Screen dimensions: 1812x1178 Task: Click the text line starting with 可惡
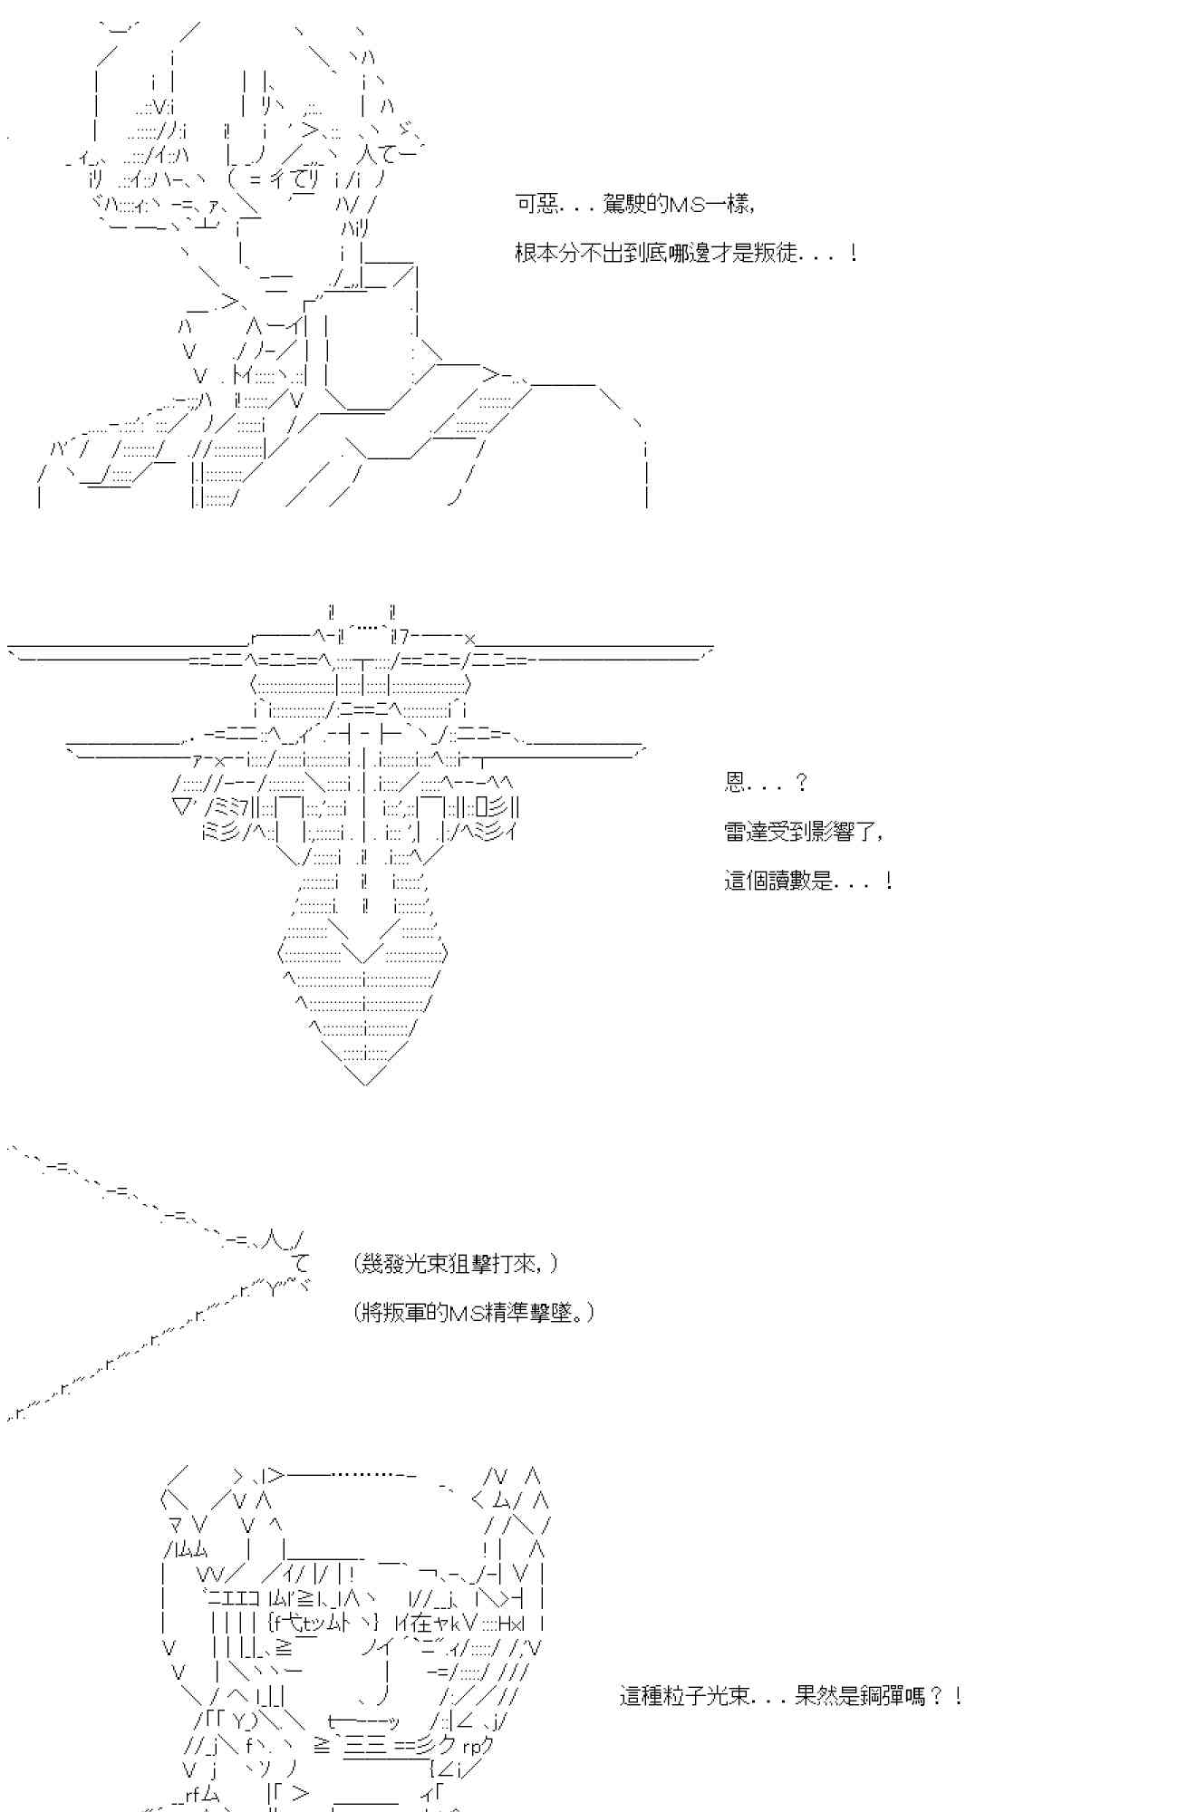[634, 205]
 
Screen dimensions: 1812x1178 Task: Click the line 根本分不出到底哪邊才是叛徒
[686, 254]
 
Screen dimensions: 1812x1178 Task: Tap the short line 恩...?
[766, 783]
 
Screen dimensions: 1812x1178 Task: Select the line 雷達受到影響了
[803, 832]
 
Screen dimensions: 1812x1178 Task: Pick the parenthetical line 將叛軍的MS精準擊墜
[474, 1313]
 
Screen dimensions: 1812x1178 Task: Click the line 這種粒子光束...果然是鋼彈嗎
[790, 1696]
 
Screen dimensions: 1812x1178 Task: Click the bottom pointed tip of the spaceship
[365, 1080]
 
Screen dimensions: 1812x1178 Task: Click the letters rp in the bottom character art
[471, 1746]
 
